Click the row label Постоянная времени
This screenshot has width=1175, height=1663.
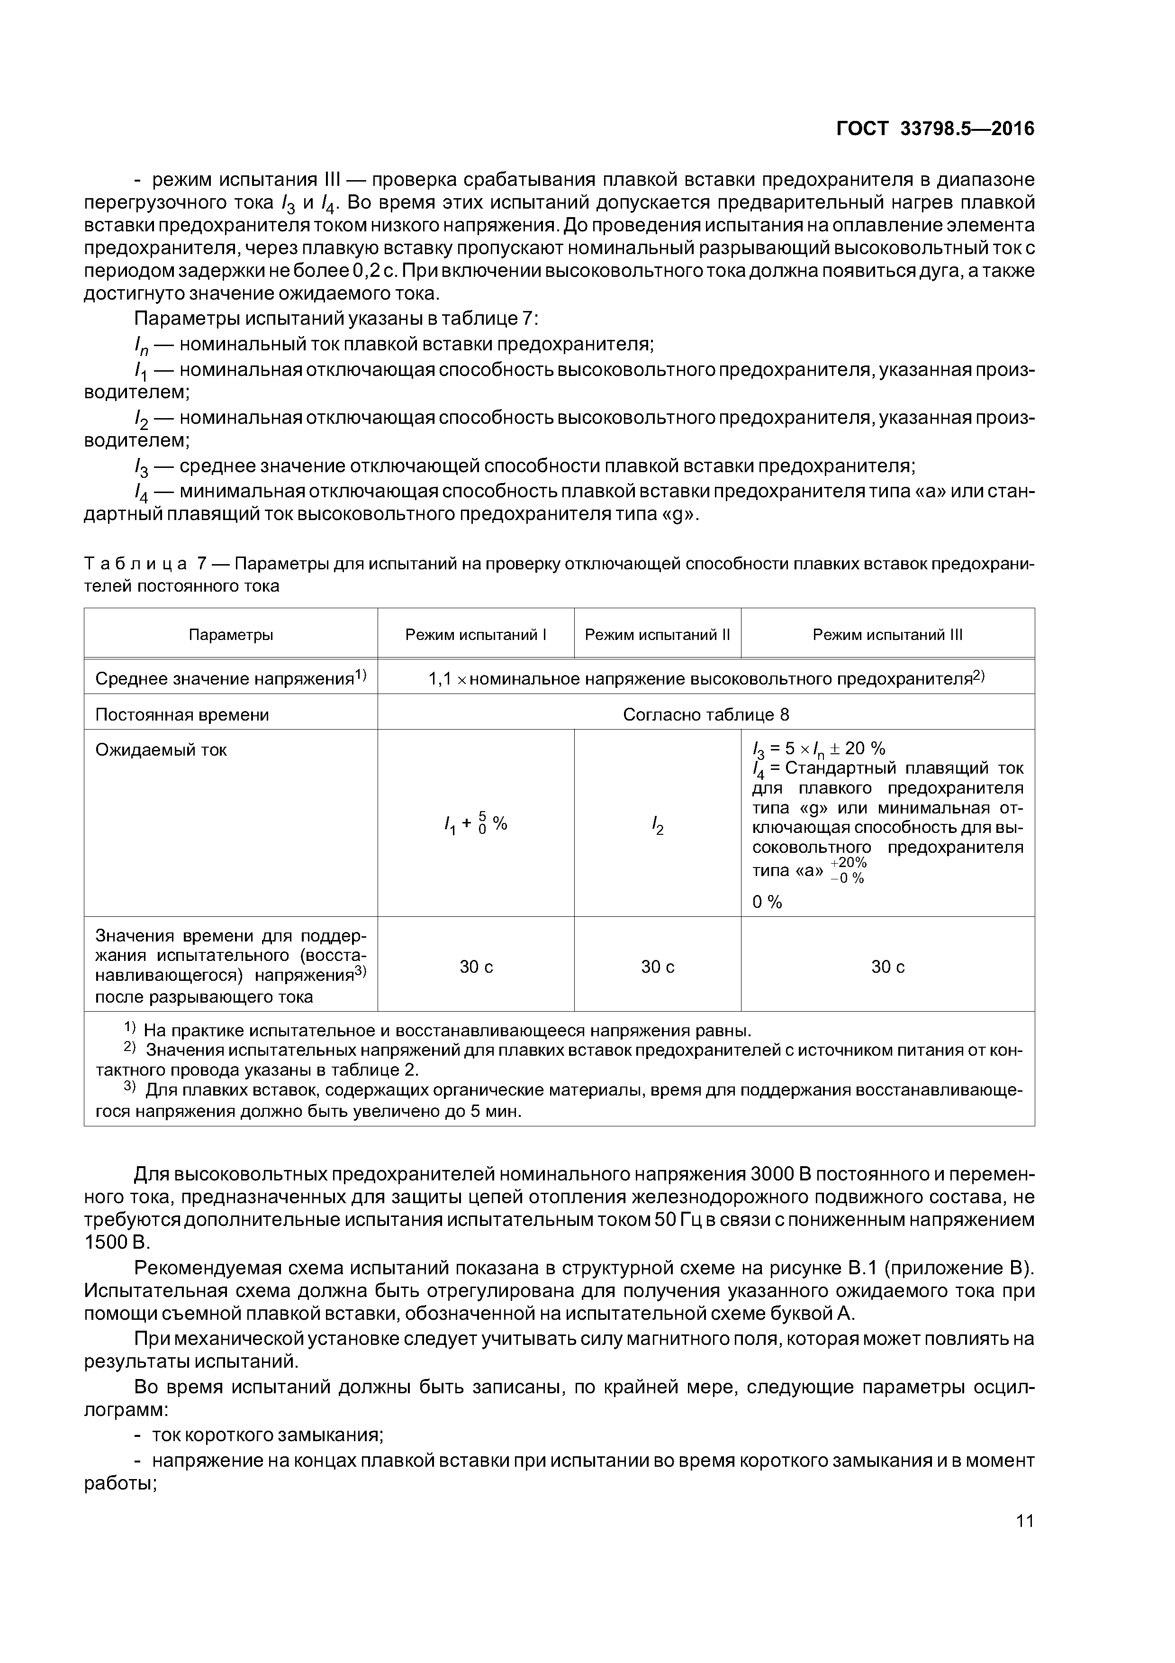pos(182,715)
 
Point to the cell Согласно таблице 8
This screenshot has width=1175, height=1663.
pos(706,715)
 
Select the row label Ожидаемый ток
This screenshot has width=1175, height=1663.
pos(162,749)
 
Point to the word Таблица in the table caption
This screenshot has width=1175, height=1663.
pos(136,564)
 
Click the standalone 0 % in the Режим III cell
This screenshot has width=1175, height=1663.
pos(768,902)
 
